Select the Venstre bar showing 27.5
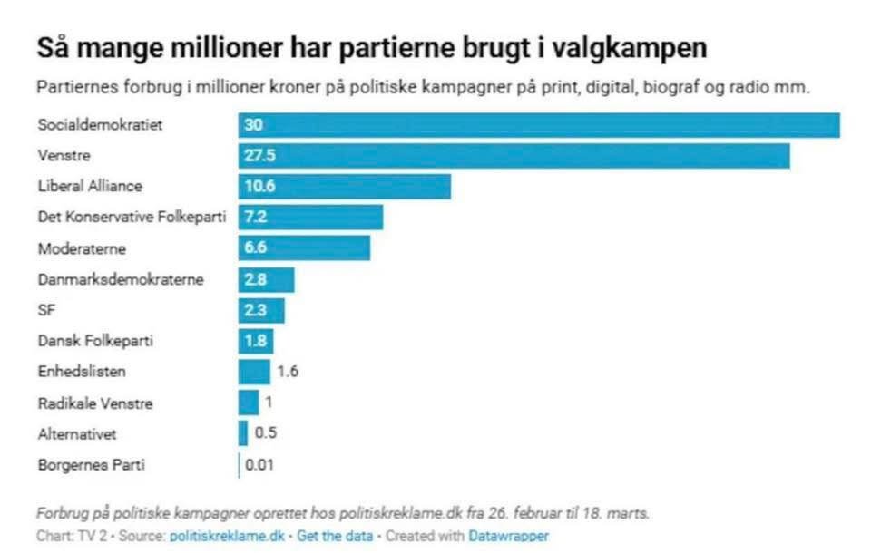pos(514,155)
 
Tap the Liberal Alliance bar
pos(345,186)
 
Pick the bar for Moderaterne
pos(304,247)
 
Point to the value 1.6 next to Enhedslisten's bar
pos(288,371)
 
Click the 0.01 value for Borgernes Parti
pos(257,465)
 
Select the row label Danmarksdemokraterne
pos(121,279)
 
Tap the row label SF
pos(46,310)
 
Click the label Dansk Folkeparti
pos(94,341)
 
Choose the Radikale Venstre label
pos(94,403)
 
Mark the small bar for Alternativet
pos(243,433)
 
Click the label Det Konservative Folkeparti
pos(132,217)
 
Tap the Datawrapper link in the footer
pos(509,536)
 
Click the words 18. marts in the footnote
pos(618,513)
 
